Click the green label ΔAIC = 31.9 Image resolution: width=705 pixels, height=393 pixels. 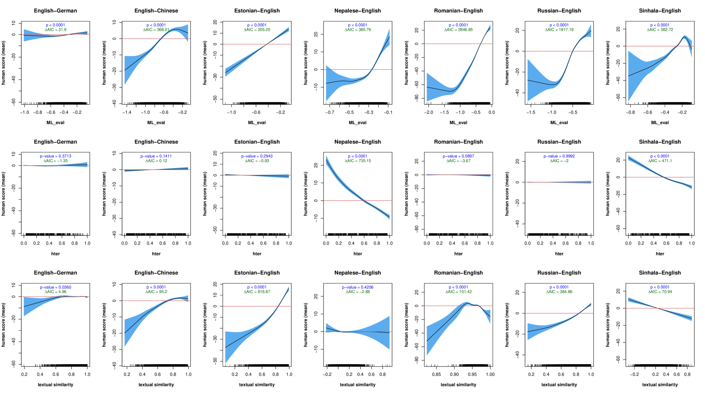pos(55,30)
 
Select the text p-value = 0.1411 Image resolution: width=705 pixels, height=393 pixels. pos(156,156)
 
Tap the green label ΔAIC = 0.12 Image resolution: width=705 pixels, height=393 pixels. pos(156,161)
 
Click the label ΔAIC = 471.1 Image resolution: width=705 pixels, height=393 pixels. pos(660,161)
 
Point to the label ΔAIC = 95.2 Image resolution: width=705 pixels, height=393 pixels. pos(156,292)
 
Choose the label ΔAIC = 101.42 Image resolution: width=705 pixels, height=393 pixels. pos(458,292)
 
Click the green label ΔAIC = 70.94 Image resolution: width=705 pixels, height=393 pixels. pos(660,292)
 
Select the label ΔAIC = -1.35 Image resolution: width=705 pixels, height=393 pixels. pos(55,161)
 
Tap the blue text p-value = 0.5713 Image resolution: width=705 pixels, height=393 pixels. pos(55,156)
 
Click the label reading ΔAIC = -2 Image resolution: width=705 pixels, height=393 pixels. pos(559,161)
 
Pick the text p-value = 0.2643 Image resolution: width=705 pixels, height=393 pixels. pos(257,156)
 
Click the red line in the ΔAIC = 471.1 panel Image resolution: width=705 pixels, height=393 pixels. pos(639,177)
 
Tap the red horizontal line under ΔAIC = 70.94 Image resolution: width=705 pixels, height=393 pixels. pos(678,308)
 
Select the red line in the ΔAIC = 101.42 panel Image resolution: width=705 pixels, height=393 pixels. pos(436,306)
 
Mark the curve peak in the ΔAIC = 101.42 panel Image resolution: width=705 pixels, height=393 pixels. pos(466,302)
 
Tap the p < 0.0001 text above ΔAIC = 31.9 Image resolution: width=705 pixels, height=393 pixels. pos(55,25)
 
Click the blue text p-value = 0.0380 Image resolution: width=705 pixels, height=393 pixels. pos(55,287)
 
